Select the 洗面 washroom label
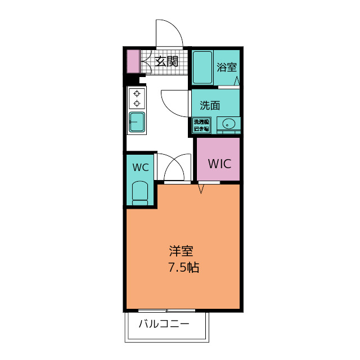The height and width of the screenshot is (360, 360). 210,105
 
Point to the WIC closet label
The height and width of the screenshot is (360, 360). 219,164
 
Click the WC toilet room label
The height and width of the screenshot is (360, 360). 140,167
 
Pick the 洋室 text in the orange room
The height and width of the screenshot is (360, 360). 183,251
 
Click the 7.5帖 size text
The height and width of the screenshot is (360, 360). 183,268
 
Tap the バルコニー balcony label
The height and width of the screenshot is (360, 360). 164,324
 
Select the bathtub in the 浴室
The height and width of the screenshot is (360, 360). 202,68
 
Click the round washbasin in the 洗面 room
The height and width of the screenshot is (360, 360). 229,124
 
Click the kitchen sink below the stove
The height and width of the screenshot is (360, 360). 137,121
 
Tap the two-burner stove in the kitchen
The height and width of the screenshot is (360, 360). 137,99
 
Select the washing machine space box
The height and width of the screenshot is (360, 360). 201,125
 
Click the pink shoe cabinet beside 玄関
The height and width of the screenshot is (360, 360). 132,61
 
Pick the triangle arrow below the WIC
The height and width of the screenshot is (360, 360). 201,188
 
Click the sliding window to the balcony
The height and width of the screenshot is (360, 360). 166,310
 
